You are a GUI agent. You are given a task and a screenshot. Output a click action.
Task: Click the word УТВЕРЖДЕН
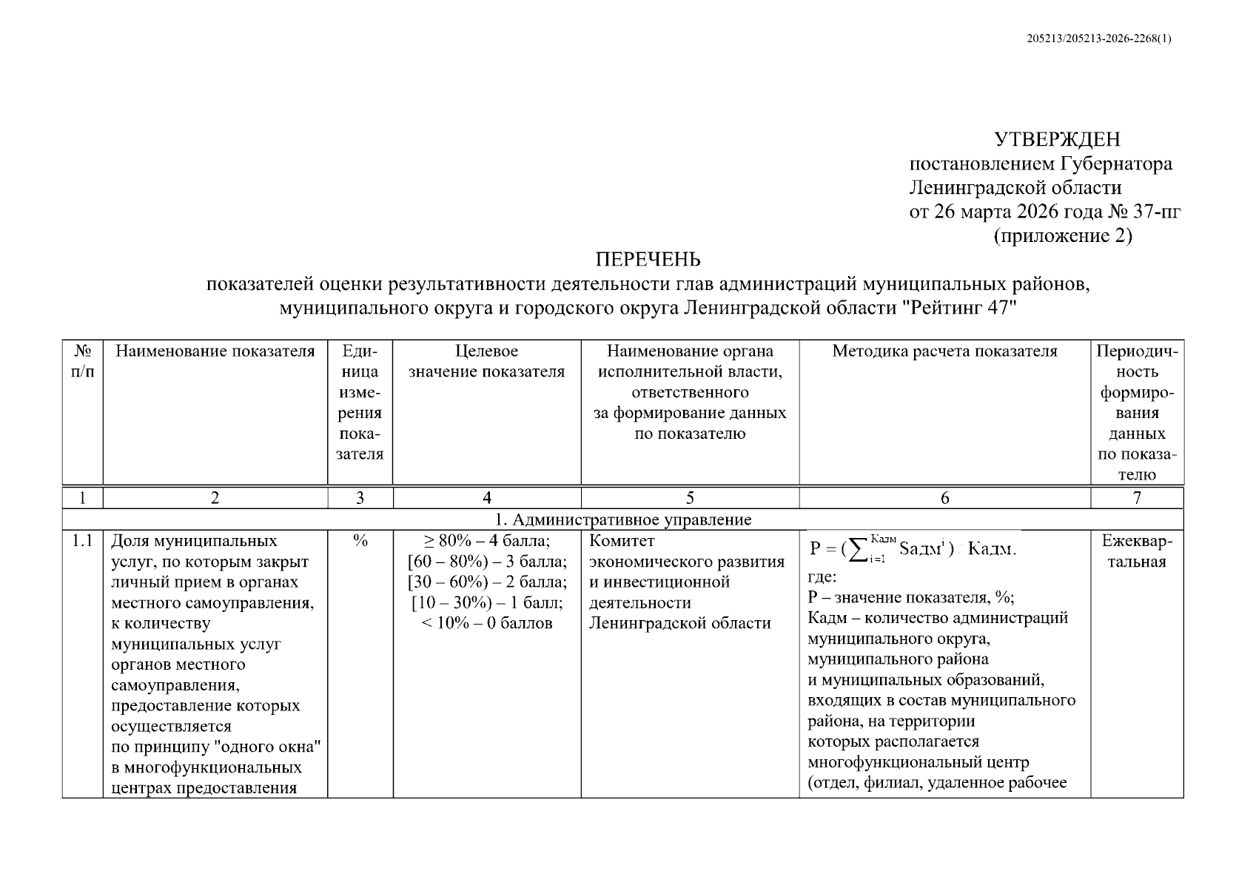point(1056,139)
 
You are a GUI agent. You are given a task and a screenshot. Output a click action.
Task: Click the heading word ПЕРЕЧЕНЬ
point(648,260)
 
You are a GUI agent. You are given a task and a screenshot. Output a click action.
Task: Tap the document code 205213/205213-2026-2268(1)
point(1099,39)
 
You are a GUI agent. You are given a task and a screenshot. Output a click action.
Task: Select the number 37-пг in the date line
point(1156,212)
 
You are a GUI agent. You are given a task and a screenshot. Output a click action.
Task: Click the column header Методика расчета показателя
point(944,351)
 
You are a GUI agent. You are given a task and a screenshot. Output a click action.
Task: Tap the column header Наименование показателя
point(215,351)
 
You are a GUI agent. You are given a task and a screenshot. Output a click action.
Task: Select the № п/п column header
point(82,361)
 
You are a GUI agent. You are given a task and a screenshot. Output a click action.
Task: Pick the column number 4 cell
point(486,498)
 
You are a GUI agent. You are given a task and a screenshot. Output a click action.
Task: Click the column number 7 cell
point(1137,498)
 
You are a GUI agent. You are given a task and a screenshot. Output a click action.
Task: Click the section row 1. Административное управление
point(622,519)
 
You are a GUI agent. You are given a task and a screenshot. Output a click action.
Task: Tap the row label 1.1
point(82,542)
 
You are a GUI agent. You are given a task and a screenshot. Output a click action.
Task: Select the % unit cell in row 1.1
point(360,542)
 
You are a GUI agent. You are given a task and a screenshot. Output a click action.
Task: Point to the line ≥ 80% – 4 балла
point(486,542)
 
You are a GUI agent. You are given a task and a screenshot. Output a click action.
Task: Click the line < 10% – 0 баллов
point(486,623)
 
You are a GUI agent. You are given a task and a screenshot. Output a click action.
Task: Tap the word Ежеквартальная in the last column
point(1137,551)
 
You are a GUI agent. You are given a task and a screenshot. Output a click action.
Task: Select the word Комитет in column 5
point(622,542)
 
